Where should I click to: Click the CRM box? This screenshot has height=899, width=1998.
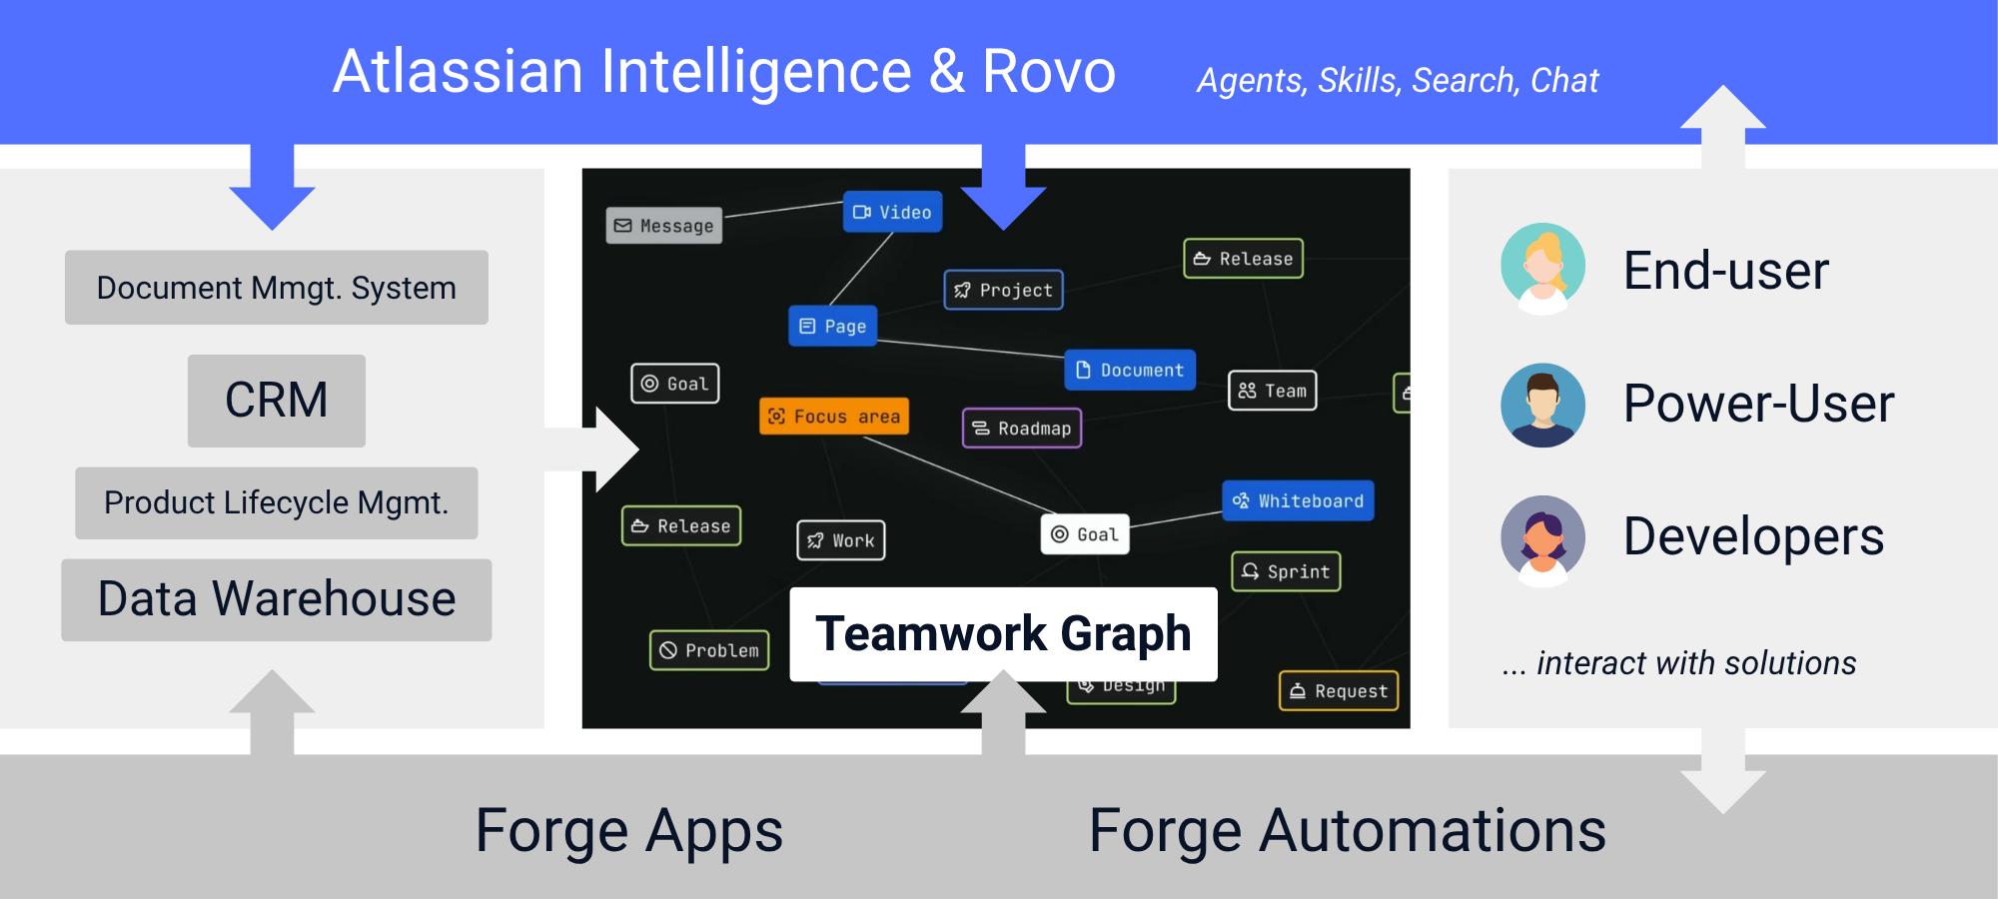277,401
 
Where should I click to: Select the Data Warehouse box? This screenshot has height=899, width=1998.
277,599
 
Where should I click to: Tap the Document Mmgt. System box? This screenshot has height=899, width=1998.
277,288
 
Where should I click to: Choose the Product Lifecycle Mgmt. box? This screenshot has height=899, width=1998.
277,502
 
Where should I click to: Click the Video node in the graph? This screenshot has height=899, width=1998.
892,212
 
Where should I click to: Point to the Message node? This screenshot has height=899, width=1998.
664,226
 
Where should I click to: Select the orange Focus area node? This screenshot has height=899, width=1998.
834,417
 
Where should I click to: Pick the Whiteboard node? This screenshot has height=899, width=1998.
1298,500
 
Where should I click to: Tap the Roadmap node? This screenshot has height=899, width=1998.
1022,429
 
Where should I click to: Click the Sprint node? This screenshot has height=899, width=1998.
1286,571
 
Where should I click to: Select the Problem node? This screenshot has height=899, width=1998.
709,650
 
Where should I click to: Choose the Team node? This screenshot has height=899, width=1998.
1273,391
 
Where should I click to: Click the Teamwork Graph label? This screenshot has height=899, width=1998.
1003,634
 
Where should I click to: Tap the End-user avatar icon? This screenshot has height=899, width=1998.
1542,268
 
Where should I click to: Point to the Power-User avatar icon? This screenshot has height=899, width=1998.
1542,405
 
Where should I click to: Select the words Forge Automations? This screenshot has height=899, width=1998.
1347,831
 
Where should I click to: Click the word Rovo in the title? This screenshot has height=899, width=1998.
1048,72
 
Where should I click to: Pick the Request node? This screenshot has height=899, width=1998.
1339,691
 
